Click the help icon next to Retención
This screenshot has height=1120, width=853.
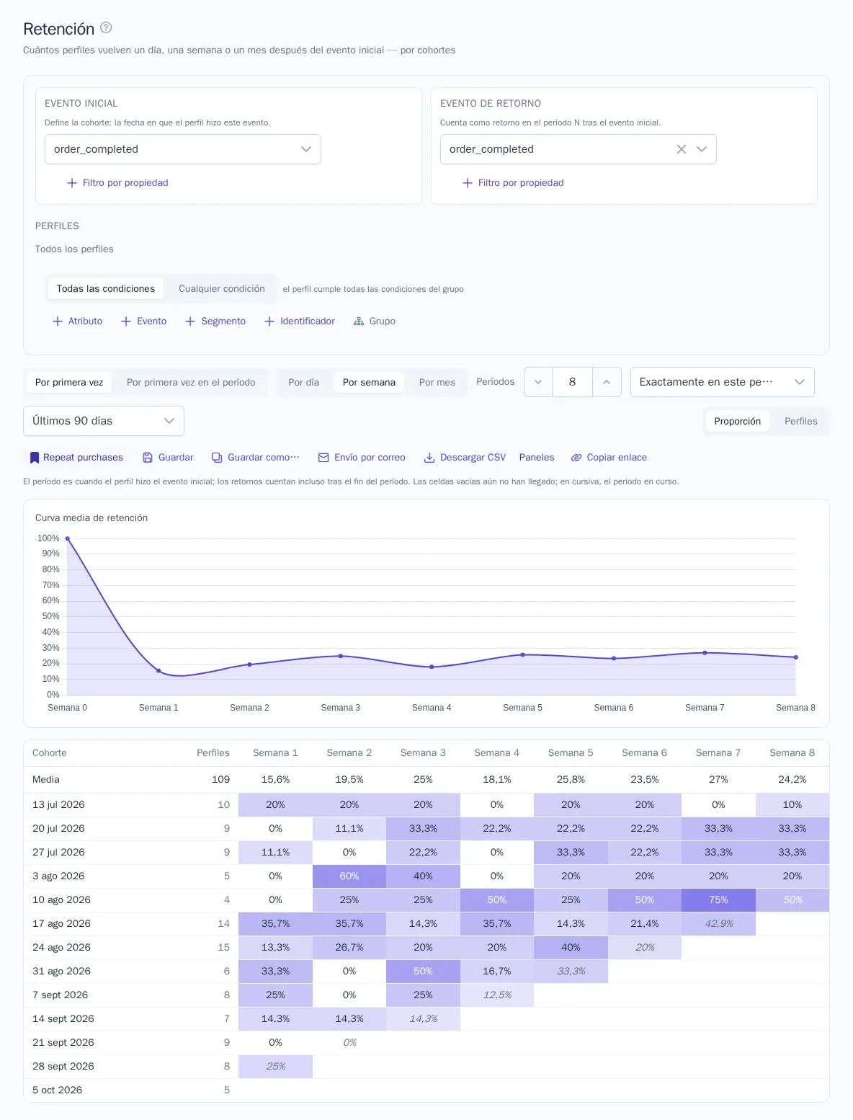pyautogui.click(x=105, y=27)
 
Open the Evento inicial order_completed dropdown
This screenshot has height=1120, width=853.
pyautogui.click(x=182, y=149)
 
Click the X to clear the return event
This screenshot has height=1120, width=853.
pyautogui.click(x=682, y=149)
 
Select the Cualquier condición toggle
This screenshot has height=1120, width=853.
pyautogui.click(x=221, y=289)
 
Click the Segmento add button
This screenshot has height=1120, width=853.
pyautogui.click(x=215, y=321)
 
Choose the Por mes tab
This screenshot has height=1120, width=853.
pyautogui.click(x=437, y=382)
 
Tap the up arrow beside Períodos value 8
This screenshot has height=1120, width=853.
pyautogui.click(x=606, y=382)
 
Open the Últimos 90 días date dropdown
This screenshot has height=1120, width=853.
pyautogui.click(x=104, y=421)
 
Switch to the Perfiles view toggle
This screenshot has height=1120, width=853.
pyautogui.click(x=800, y=421)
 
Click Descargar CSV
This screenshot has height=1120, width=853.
pyautogui.click(x=465, y=457)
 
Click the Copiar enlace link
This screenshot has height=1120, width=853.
pyautogui.click(x=609, y=457)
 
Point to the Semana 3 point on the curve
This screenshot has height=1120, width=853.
pyautogui.click(x=341, y=656)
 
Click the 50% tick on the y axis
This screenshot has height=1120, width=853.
pyautogui.click(x=50, y=616)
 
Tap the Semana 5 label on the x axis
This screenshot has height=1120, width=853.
pyautogui.click(x=522, y=707)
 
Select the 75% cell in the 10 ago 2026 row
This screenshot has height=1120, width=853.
pyautogui.click(x=718, y=899)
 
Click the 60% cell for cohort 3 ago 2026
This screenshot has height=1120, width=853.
pyautogui.click(x=349, y=876)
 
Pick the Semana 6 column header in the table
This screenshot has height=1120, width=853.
pyautogui.click(x=645, y=752)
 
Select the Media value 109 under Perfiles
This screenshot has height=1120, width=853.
pyautogui.click(x=220, y=779)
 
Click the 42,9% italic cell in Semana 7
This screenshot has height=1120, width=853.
pyautogui.click(x=718, y=923)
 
